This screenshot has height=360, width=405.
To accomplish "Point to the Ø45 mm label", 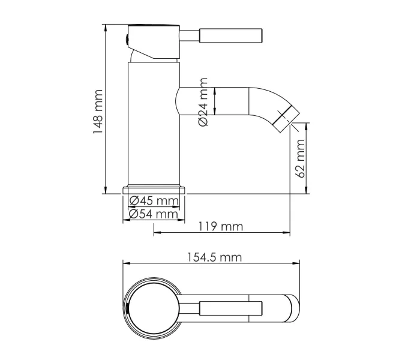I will point(154,201).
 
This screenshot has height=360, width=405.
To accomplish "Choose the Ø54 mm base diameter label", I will point(154,214).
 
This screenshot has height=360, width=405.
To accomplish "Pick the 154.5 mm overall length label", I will point(214,257).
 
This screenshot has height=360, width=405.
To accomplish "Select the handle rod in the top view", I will point(231,309).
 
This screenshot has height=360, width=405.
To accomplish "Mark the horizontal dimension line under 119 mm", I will point(223,233).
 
